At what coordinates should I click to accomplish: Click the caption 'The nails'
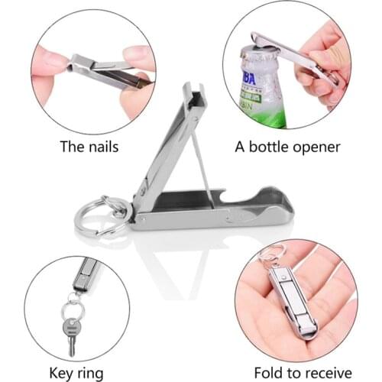[x=90, y=146]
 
